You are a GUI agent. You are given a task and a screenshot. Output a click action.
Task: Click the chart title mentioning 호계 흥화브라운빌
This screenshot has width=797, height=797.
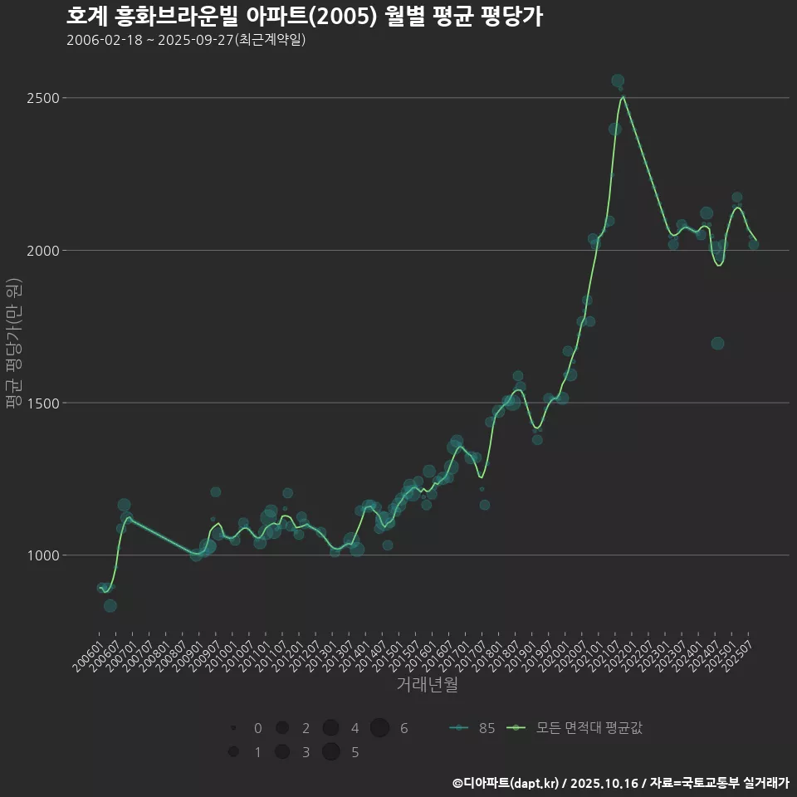click(x=304, y=17)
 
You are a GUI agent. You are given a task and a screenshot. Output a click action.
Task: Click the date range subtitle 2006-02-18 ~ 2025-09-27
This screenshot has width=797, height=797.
click(x=186, y=40)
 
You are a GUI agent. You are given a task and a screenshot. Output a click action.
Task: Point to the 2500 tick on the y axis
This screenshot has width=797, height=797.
click(x=42, y=98)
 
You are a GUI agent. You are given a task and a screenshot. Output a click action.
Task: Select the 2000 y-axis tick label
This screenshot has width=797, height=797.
click(x=42, y=251)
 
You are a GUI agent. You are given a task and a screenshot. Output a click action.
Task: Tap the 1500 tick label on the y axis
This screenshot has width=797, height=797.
click(x=42, y=403)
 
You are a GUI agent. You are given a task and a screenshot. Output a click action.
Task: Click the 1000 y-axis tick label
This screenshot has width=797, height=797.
click(x=42, y=555)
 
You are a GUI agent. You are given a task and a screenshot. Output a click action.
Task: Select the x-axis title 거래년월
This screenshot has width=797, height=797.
click(x=428, y=684)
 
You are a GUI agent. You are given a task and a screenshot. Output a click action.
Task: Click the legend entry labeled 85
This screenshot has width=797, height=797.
click(x=472, y=728)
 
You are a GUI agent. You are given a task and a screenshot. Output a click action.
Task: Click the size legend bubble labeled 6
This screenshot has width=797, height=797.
click(x=379, y=728)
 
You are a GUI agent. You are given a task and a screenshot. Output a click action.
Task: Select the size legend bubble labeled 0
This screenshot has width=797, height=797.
click(x=233, y=728)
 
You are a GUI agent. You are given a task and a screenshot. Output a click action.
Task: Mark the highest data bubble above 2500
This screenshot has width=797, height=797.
click(x=618, y=81)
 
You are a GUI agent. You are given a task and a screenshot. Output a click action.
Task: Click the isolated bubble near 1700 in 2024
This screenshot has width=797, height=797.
click(x=717, y=344)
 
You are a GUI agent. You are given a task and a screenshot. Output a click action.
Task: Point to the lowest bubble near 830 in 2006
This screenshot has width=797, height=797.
click(x=110, y=606)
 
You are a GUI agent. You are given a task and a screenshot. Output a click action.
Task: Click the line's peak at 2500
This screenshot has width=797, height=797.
click(x=623, y=97)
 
